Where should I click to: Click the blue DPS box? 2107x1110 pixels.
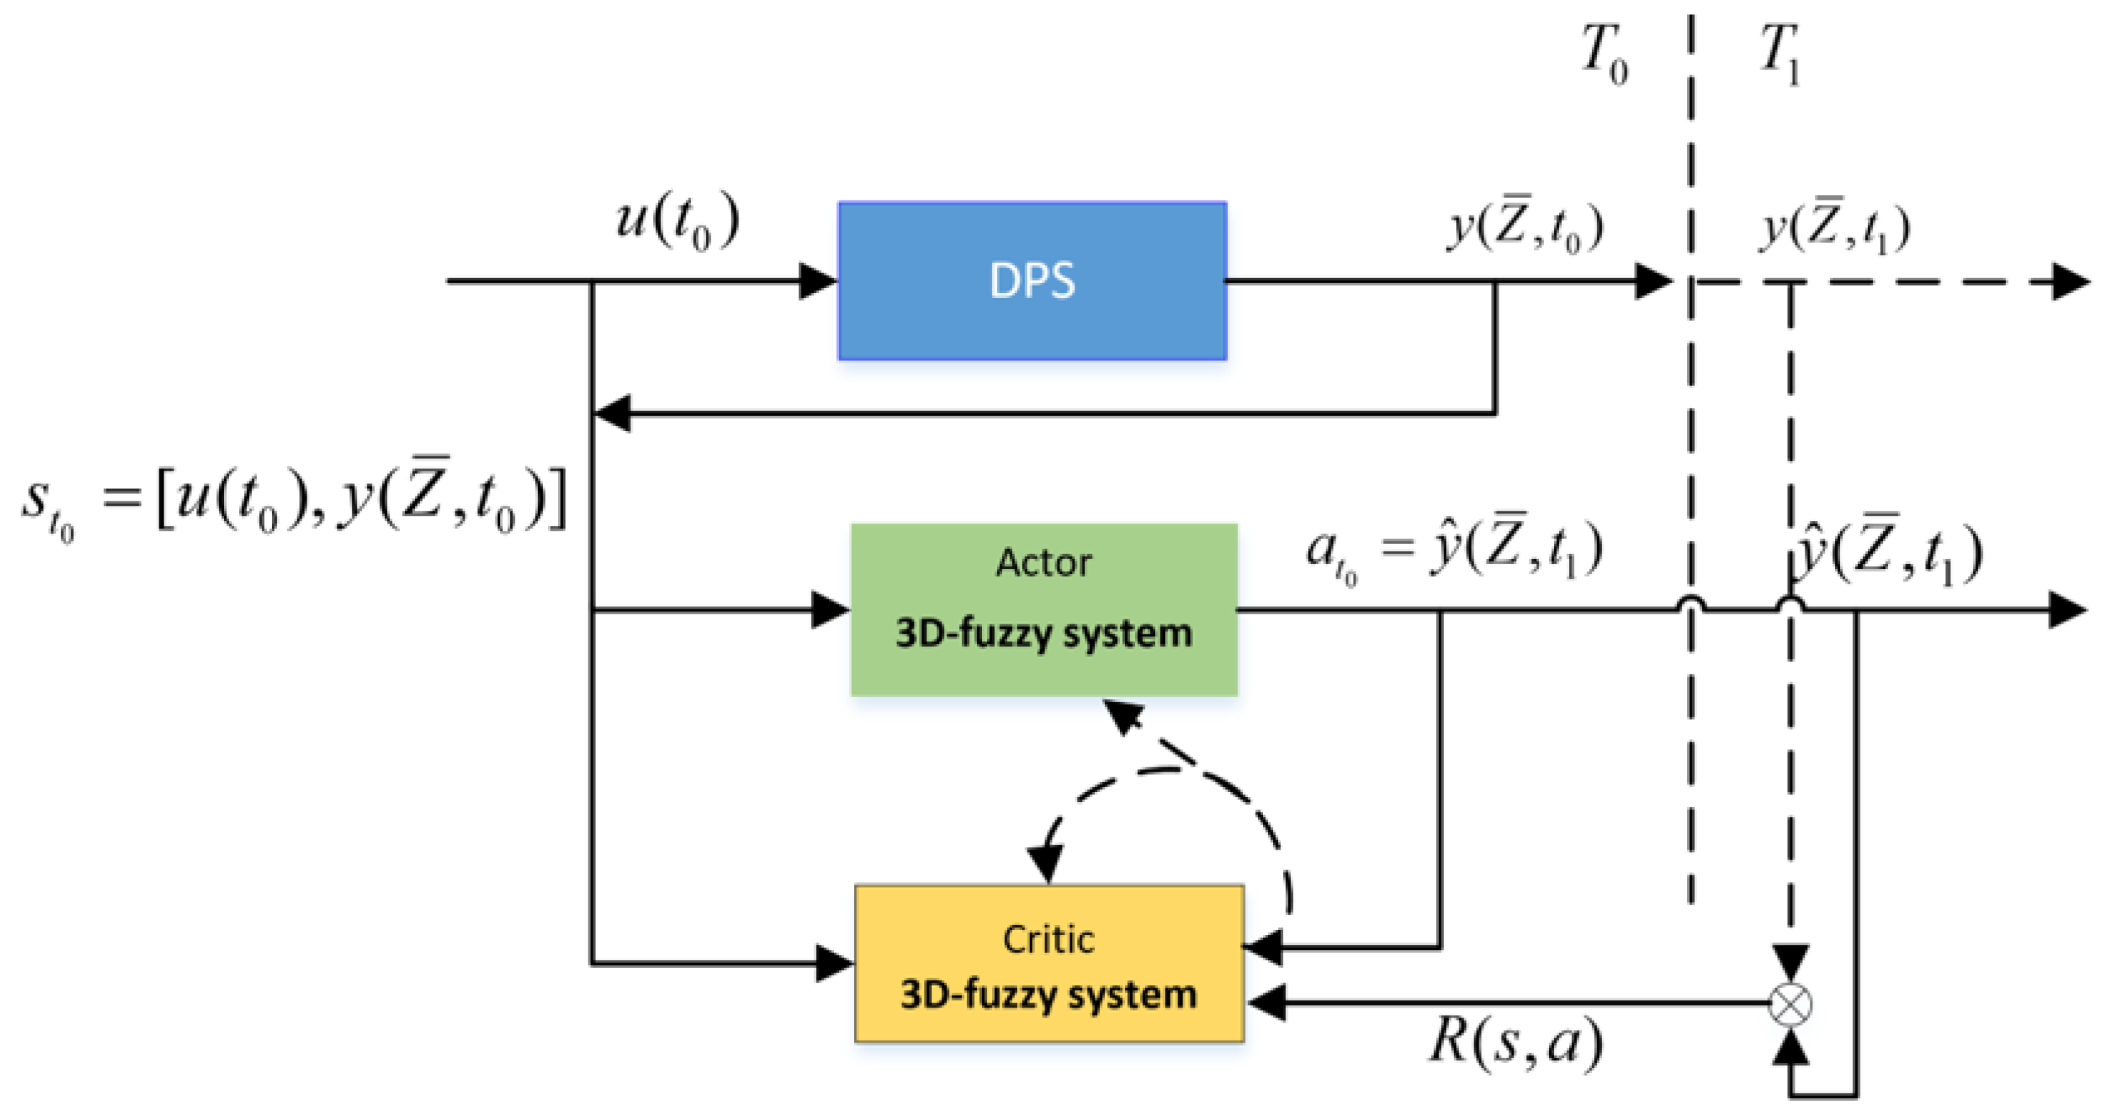point(1033,280)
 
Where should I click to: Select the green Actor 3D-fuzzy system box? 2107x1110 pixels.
point(1044,610)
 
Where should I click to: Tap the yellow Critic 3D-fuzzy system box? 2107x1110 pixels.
point(1049,963)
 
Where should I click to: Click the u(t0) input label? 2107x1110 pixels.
point(677,223)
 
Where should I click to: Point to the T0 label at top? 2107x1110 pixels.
point(1603,53)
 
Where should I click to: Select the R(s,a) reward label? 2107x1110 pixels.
point(1516,1043)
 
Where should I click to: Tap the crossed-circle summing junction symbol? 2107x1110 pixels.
point(1790,1004)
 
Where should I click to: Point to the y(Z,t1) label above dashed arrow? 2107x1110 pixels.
point(1835,226)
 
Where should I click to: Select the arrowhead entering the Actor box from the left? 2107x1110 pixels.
point(830,610)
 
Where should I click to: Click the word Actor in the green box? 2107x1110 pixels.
point(1044,563)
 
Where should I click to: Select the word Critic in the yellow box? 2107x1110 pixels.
point(1049,940)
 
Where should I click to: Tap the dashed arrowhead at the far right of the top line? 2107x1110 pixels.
point(2071,282)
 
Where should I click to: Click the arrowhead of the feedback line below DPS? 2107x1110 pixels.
point(611,414)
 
